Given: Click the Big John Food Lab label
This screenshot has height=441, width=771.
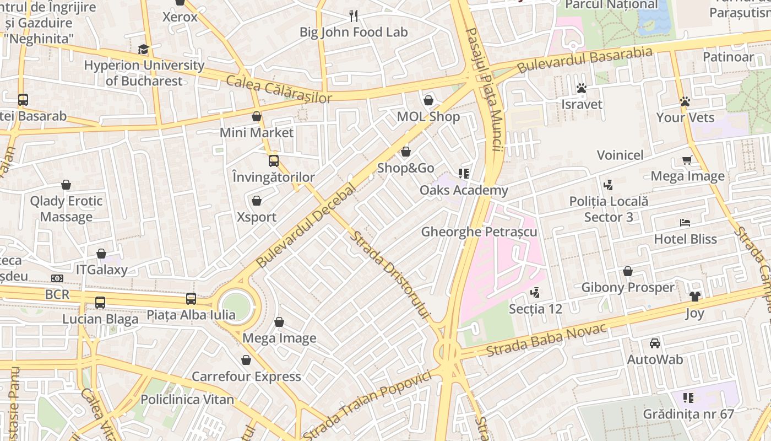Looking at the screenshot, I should [x=354, y=33].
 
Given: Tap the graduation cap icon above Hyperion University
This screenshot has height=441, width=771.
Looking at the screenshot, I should [x=144, y=50].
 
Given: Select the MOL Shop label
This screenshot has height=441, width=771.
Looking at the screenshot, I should [x=428, y=117].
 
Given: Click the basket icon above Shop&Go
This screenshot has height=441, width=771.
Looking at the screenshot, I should [x=406, y=152].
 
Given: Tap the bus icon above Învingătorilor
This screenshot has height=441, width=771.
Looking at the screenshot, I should [x=274, y=161].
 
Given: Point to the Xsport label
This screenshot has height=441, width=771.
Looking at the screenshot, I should [x=257, y=217].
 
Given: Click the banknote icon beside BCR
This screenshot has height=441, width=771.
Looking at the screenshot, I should [x=57, y=278].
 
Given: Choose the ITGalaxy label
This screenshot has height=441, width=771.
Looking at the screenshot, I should [x=101, y=270].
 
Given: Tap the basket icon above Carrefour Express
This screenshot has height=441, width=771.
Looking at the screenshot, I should [x=246, y=360].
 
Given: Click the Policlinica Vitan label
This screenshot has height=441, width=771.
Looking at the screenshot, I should [x=187, y=400].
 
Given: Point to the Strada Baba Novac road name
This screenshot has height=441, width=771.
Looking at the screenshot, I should [x=546, y=340].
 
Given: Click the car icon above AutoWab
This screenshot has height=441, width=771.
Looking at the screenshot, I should [x=655, y=343].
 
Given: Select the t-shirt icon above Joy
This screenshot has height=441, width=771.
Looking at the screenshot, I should [x=694, y=297].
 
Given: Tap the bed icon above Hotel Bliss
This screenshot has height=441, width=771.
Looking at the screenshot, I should [x=685, y=223].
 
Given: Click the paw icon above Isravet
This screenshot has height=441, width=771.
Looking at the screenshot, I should [x=581, y=88].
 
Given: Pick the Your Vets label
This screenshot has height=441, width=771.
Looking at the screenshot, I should [x=685, y=118].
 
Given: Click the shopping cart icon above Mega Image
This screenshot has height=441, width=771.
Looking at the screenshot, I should [x=687, y=160].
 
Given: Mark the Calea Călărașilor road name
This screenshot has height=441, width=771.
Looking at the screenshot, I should [x=279, y=90].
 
